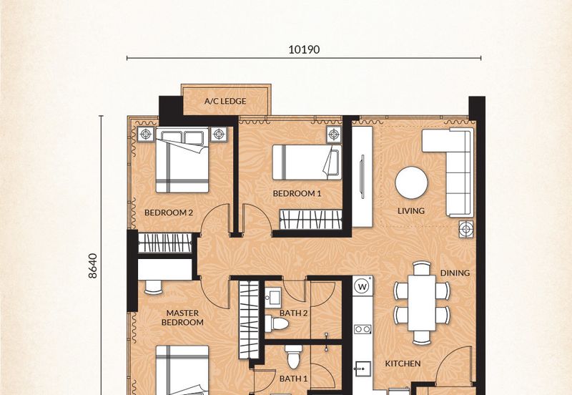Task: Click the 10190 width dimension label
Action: (304, 49)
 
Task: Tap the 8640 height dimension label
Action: (93, 265)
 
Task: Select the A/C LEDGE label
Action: (225, 101)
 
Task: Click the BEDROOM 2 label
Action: (169, 213)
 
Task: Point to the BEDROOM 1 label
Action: (297, 193)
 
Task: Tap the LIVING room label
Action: (410, 210)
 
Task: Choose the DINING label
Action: (455, 273)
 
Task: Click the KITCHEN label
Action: (403, 364)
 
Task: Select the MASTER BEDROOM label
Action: (182, 318)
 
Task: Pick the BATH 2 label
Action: (293, 313)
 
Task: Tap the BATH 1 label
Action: (293, 379)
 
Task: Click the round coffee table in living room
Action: (412, 182)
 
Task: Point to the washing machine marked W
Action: (363, 286)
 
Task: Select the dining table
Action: (422, 303)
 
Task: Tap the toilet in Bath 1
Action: (294, 357)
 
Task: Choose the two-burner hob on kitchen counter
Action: (363, 329)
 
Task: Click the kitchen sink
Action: (363, 369)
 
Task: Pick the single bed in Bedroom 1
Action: (307, 162)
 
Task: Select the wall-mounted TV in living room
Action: (363, 177)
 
